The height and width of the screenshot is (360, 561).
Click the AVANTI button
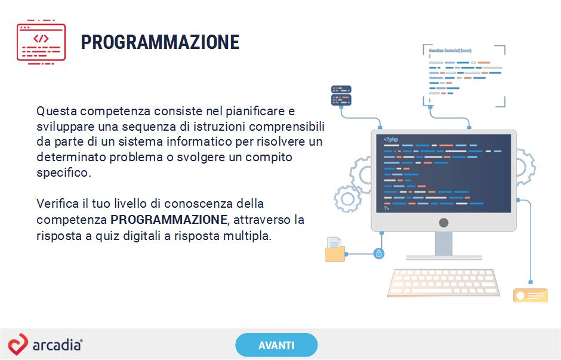(276, 345)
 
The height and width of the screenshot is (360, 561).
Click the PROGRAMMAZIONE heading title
(160, 42)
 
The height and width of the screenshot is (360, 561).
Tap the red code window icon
(41, 42)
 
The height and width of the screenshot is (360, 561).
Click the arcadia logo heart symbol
(18, 344)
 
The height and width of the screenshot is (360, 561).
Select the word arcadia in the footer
(57, 345)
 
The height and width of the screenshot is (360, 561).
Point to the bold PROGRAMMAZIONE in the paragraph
(169, 219)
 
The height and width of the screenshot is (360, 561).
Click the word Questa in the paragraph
(57, 111)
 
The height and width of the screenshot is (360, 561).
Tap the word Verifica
(58, 204)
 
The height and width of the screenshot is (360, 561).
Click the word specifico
(64, 173)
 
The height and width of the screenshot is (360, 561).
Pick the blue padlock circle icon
(378, 254)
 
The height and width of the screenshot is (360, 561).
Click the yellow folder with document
(335, 250)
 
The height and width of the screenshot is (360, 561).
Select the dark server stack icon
(341, 96)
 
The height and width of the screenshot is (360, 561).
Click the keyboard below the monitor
(443, 283)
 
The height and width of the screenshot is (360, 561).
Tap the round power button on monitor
(443, 223)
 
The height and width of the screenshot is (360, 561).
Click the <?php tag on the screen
(391, 139)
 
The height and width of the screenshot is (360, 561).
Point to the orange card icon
(531, 296)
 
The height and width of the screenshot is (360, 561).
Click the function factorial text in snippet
(450, 51)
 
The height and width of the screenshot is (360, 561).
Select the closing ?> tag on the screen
(386, 208)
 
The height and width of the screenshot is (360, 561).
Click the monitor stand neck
(443, 244)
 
